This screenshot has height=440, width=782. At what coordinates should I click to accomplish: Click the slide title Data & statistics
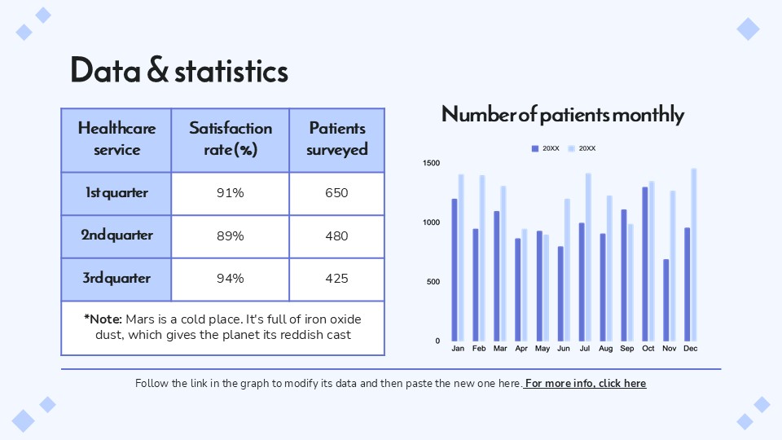pyautogui.click(x=179, y=72)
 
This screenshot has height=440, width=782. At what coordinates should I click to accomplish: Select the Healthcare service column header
pyautogui.click(x=116, y=139)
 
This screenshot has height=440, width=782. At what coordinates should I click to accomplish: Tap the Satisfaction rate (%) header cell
pyautogui.click(x=231, y=139)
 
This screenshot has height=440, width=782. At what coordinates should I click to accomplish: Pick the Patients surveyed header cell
pyautogui.click(x=336, y=139)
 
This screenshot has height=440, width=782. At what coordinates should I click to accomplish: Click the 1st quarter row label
pyautogui.click(x=116, y=193)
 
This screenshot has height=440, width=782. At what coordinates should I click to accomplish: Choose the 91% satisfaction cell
pyautogui.click(x=231, y=193)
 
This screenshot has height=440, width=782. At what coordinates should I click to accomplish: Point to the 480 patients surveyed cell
pyautogui.click(x=336, y=236)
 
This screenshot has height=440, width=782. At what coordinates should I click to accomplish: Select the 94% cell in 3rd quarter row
pyautogui.click(x=231, y=279)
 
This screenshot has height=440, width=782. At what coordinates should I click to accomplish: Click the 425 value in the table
pyautogui.click(x=336, y=279)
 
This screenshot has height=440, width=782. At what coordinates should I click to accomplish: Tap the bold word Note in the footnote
pyautogui.click(x=105, y=319)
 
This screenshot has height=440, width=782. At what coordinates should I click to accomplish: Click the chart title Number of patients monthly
pyautogui.click(x=562, y=115)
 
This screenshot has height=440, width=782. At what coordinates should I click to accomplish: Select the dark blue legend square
pyautogui.click(x=535, y=148)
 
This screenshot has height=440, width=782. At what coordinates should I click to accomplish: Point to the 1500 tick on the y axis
pyautogui.click(x=432, y=164)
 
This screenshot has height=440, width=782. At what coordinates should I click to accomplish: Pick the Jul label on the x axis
pyautogui.click(x=584, y=349)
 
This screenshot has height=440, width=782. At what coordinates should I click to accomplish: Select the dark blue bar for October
pyautogui.click(x=645, y=265)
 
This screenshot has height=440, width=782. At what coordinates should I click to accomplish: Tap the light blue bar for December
pyautogui.click(x=694, y=255)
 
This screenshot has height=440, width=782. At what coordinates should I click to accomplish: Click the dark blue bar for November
pyautogui.click(x=666, y=301)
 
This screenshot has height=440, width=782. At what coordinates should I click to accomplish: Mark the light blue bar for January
pyautogui.click(x=461, y=257)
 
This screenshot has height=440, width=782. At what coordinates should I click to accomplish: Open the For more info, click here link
pyautogui.click(x=586, y=383)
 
